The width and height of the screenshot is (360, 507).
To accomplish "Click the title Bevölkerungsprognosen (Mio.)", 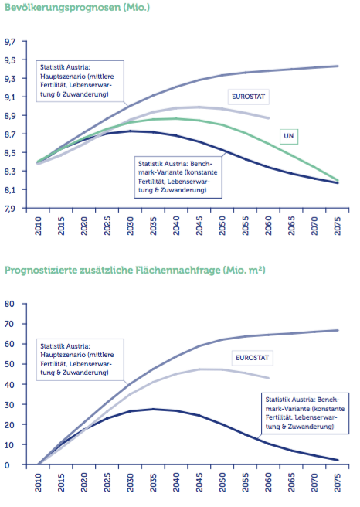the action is pyautogui.click(x=77, y=8).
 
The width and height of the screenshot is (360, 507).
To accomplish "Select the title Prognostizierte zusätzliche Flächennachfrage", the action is pyautogui.click(x=113, y=270).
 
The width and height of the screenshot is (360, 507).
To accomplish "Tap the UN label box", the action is pyautogui.click(x=289, y=136).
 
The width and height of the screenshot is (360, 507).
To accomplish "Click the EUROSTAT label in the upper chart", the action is pyautogui.click(x=248, y=97).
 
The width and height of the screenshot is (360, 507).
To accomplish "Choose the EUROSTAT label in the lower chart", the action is pyautogui.click(x=252, y=358).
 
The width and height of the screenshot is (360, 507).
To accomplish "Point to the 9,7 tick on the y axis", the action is pyautogui.click(x=10, y=42).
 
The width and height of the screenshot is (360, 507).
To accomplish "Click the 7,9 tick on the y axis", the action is pyautogui.click(x=10, y=208).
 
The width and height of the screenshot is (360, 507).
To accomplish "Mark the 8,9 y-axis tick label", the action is pyautogui.click(x=10, y=116).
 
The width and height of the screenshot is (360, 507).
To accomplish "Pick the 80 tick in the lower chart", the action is pyautogui.click(x=10, y=304).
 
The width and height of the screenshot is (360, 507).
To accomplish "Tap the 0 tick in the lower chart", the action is pyautogui.click(x=7, y=465).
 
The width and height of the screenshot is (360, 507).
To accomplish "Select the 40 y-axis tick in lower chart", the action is pyautogui.click(x=10, y=384).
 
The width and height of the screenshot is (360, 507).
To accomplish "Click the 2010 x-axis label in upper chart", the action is pyautogui.click(x=38, y=226).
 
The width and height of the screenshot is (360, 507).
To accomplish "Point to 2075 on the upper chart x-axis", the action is pyautogui.click(x=338, y=226).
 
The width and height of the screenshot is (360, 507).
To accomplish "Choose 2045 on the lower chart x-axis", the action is pyautogui.click(x=199, y=482).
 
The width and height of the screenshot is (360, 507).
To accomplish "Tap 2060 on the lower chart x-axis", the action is pyautogui.click(x=269, y=482).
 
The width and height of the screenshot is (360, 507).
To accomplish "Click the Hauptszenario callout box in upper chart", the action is pyautogui.click(x=80, y=81).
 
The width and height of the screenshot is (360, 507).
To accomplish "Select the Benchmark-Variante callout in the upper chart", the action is pyautogui.click(x=178, y=177).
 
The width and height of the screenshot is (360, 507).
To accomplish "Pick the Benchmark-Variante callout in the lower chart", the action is pyautogui.click(x=305, y=413).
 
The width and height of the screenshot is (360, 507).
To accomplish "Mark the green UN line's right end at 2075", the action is pyautogui.click(x=338, y=180).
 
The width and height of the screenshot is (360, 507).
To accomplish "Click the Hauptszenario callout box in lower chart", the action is pyautogui.click(x=80, y=359).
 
